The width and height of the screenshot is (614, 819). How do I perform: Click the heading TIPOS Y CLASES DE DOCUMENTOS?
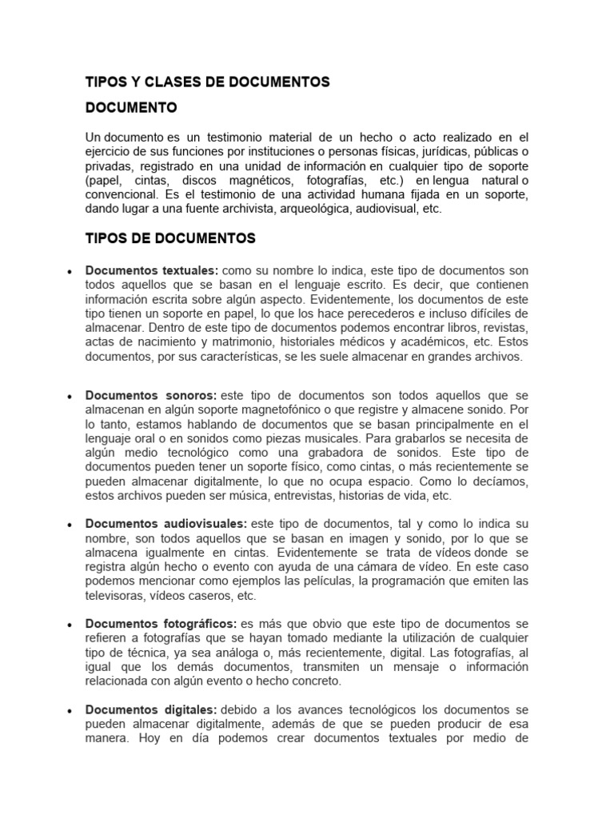point(207,82)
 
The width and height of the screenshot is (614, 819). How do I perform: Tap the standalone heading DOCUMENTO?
point(131,106)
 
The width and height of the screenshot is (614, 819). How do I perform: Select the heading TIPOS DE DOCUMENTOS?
point(170,238)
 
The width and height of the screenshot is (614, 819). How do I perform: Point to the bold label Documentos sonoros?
point(151,396)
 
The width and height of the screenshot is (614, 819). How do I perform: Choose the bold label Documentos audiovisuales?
point(166,524)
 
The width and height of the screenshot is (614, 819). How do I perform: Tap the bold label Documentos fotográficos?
point(161,623)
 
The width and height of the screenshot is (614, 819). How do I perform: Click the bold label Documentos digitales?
point(151,709)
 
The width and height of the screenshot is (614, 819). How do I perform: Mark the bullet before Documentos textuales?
point(70,272)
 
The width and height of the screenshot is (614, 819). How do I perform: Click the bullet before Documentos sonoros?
point(70,397)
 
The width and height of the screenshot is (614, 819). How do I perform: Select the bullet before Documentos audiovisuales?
point(70,525)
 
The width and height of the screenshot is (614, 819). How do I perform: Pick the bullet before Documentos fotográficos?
point(70,624)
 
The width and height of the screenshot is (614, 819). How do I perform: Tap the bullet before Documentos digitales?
point(70,710)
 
